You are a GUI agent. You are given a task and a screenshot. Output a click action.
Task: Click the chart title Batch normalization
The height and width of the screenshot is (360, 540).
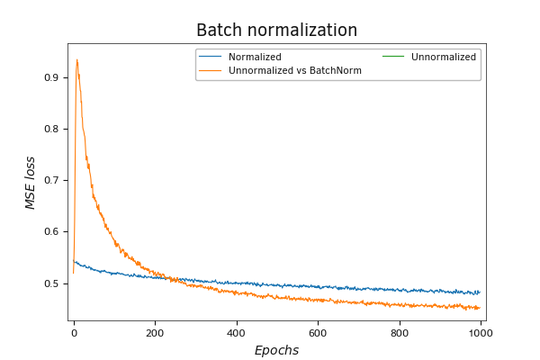tap(276, 30)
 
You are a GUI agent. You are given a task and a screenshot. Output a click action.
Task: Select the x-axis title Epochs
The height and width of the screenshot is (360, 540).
tap(276, 350)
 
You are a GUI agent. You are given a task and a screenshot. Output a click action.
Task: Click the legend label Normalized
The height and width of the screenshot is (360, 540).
tap(255, 58)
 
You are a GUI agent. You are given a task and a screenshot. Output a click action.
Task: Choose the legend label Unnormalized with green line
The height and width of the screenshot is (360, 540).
tap(444, 58)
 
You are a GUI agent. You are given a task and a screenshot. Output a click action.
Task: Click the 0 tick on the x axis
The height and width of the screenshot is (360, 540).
tap(74, 332)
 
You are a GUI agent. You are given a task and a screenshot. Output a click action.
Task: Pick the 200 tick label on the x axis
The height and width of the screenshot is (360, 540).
tap(155, 332)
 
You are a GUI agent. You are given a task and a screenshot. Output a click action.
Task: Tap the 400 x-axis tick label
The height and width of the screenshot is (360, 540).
tap(237, 332)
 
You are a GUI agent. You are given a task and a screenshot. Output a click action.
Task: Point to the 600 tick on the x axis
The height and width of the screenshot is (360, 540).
tap(318, 332)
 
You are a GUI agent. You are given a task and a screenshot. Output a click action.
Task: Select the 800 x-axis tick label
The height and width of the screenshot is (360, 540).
tap(399, 332)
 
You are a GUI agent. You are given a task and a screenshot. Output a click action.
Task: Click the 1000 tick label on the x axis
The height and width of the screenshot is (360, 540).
tap(480, 332)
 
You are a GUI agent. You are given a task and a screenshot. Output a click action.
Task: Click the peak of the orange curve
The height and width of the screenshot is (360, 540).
tap(77, 60)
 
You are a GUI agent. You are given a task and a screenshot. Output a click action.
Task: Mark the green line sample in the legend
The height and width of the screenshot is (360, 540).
tap(394, 58)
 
